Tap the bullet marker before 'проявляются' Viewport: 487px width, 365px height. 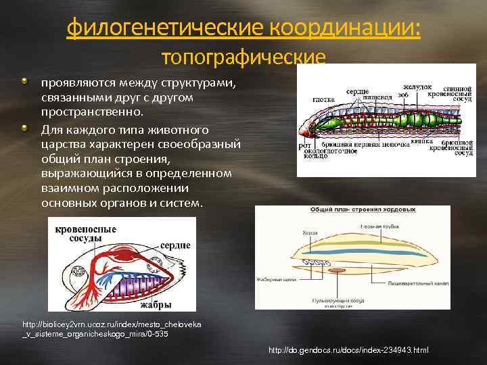pyautogui.click(x=25, y=82)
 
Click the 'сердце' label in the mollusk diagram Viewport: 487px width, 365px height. pyautogui.click(x=177, y=245)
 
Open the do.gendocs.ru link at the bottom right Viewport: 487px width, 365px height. pyautogui.click(x=348, y=350)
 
